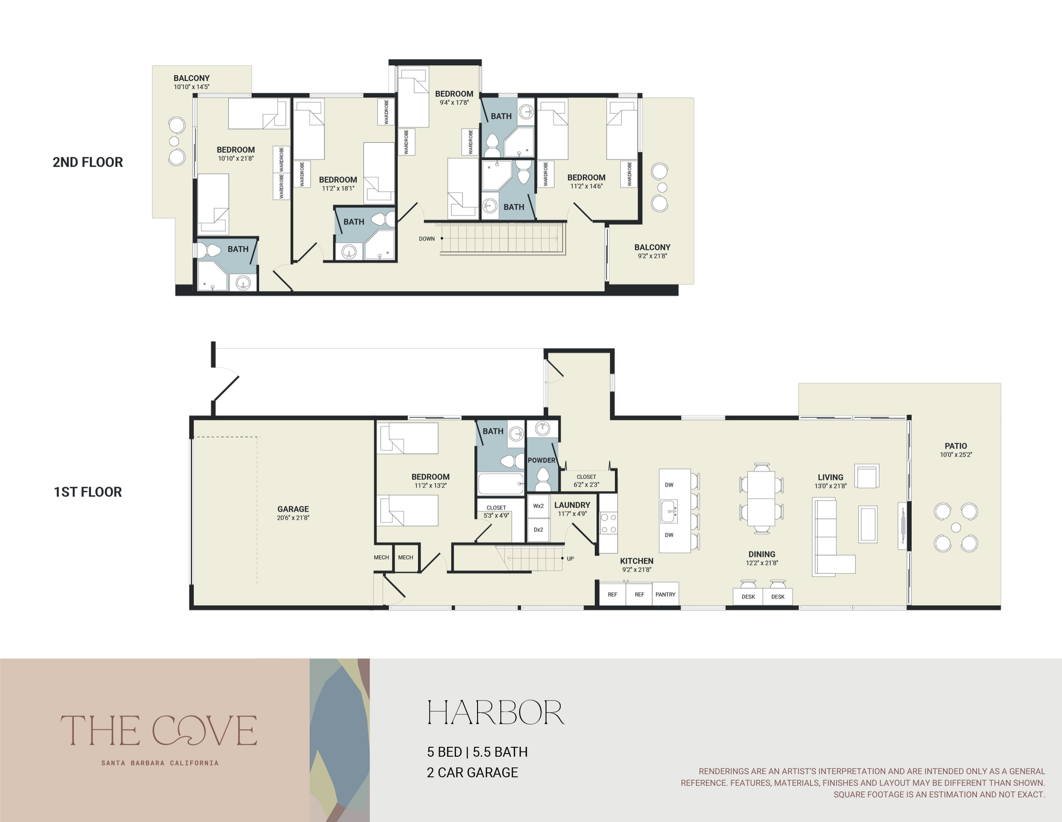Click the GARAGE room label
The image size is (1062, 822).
(293, 509)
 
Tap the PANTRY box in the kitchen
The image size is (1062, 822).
(665, 594)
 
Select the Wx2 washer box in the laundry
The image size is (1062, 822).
(538, 506)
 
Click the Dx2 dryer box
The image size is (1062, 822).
(538, 530)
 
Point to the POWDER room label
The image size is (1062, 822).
(541, 460)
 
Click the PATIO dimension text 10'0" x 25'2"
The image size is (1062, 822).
(956, 455)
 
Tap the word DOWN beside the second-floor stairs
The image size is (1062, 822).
(427, 239)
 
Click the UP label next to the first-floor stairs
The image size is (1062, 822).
(570, 559)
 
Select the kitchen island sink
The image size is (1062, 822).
(669, 512)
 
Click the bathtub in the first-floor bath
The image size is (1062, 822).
(500, 484)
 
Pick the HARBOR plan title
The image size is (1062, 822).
(495, 713)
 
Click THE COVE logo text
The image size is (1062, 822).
(159, 730)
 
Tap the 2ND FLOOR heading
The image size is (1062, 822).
(88, 162)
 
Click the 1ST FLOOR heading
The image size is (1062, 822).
(88, 492)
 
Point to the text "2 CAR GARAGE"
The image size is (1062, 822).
(472, 772)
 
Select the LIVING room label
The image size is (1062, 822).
(830, 477)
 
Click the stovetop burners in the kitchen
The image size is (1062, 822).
(608, 523)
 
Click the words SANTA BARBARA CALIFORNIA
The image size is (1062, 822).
(160, 763)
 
